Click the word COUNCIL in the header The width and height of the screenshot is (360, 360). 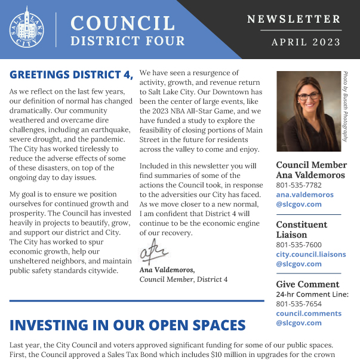(122, 23)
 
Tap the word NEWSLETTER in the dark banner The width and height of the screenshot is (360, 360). (294, 20)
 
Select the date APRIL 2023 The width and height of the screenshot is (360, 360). (306, 42)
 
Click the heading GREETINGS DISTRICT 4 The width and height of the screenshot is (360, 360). (71, 75)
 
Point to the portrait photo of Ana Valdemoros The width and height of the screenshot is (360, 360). (308, 111)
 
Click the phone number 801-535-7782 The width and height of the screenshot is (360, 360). (299, 185)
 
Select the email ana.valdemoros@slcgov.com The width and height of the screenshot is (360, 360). (304, 199)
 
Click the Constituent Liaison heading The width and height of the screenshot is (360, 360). (301, 230)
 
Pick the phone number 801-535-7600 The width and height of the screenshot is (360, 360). (299, 245)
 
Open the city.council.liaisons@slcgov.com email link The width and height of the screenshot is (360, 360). (310, 259)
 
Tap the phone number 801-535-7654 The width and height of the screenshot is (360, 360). (299, 304)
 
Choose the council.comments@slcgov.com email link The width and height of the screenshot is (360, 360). (308, 318)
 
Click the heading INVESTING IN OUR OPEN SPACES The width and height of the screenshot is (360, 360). (128, 325)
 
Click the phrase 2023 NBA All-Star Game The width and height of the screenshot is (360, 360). (191, 127)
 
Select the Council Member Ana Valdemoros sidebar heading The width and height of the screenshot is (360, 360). (311, 170)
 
